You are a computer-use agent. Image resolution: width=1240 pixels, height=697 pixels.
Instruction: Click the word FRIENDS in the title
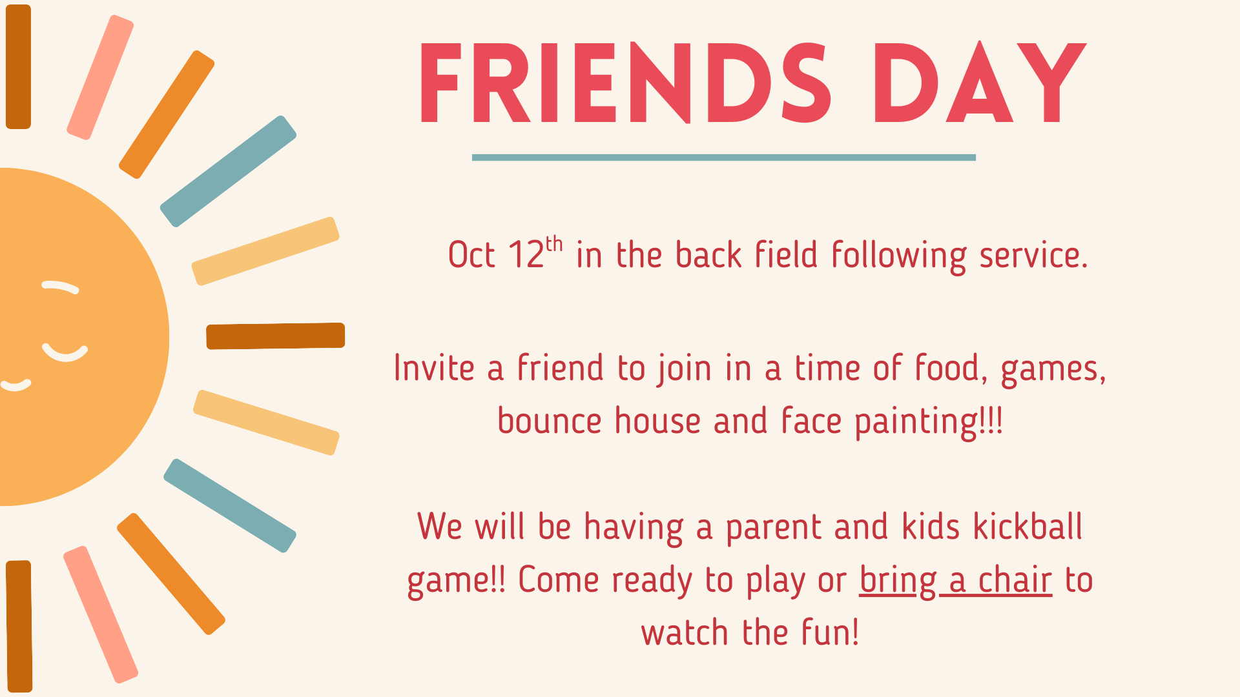point(625,83)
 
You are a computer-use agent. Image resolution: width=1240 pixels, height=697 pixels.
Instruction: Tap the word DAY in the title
point(980,83)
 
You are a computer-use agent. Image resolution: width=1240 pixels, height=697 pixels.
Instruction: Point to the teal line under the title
point(723,157)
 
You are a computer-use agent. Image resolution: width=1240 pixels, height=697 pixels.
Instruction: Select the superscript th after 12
point(554,244)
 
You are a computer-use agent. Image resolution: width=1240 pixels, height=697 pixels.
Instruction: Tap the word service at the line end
point(1034,255)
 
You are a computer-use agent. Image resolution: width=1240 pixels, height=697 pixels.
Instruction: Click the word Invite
point(434,368)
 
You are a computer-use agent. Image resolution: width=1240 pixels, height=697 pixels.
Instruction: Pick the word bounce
point(550,421)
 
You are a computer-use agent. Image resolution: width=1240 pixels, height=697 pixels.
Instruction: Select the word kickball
point(1028,526)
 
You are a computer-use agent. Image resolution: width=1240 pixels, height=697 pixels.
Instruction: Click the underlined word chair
point(1015,580)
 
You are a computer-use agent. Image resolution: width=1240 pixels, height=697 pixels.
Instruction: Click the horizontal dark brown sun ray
point(276,336)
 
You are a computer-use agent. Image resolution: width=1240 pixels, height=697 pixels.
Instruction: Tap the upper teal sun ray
point(228,171)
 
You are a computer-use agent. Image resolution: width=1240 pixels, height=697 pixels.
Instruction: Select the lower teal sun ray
point(230,505)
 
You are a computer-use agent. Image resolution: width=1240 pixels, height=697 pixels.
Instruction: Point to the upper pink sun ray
point(100,77)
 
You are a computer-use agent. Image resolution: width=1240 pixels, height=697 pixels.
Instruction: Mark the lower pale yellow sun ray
point(266,423)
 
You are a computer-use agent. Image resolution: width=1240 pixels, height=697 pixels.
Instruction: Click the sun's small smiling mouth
point(15,385)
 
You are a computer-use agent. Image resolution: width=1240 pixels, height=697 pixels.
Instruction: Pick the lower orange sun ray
point(171,574)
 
